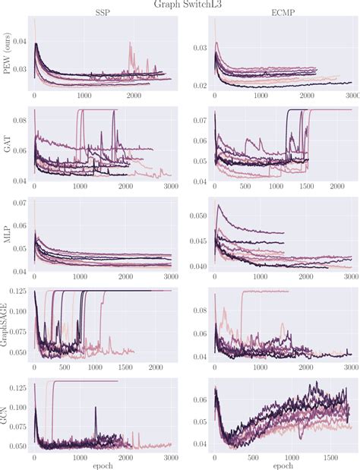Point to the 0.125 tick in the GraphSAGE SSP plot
[x=21, y=291]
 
